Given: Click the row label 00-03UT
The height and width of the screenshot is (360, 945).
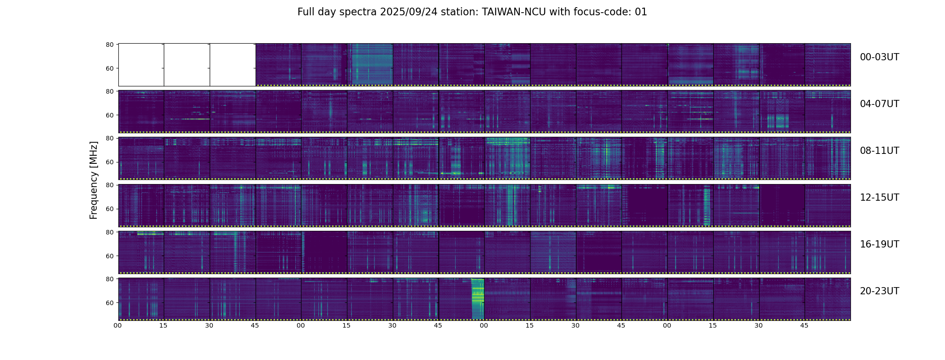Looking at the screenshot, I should click(879, 57).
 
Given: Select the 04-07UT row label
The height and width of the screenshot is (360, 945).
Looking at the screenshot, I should click(879, 104).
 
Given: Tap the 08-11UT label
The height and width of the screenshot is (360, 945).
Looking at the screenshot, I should click(879, 151).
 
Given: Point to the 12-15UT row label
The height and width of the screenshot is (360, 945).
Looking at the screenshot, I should click(879, 198).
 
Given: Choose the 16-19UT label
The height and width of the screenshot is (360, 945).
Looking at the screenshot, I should click(879, 244).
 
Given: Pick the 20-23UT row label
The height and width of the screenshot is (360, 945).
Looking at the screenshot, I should click(879, 291).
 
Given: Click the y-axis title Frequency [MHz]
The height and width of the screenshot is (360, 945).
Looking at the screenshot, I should click(94, 180).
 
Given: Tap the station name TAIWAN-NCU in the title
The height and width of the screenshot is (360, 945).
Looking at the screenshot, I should click(514, 12).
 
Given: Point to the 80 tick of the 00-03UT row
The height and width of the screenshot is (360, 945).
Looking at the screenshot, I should click(109, 45).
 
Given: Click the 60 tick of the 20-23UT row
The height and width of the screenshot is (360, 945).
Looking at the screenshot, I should click(109, 303).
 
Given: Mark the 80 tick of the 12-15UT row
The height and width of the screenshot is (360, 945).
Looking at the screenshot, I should click(109, 185).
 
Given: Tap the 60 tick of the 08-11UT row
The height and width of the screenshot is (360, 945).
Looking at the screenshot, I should click(109, 162).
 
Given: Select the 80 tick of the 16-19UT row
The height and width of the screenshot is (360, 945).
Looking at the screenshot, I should click(109, 232).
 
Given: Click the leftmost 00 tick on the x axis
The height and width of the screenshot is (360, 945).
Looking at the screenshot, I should click(117, 325).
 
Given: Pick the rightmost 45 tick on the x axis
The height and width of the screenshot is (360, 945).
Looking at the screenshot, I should click(804, 325).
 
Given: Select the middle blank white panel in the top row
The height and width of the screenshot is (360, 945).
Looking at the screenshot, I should click(187, 65).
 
